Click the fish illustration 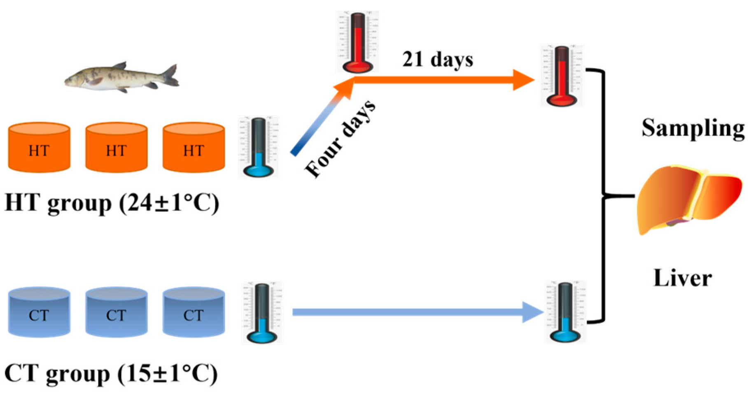tap(122, 77)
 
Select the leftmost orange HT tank tap(39, 148)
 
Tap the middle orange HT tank tap(116, 148)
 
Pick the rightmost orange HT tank tap(194, 148)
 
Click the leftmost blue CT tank tap(39, 312)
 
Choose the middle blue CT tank tap(116, 312)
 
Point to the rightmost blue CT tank tap(194, 312)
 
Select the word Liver tap(683, 278)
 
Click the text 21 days tap(437, 60)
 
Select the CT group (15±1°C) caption tap(111, 373)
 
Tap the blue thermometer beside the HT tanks tap(259, 147)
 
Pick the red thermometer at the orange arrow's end tap(562, 76)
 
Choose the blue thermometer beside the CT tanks tap(262, 313)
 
